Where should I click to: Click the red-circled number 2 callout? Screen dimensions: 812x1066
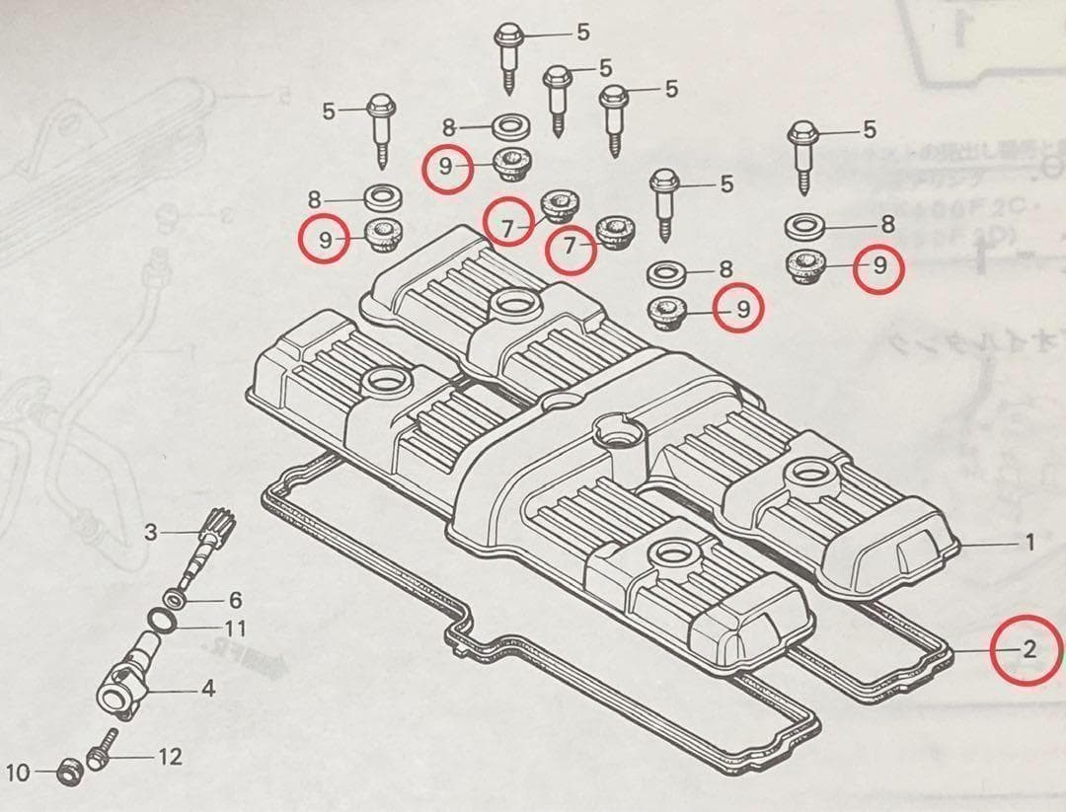click(x=1028, y=649)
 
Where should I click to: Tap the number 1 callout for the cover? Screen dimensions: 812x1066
click(x=1028, y=542)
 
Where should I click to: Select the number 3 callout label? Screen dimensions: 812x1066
click(x=150, y=533)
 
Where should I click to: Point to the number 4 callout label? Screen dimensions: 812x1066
click(x=207, y=690)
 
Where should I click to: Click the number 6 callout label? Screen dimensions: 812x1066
click(x=235, y=600)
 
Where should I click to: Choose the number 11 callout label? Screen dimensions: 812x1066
click(x=235, y=627)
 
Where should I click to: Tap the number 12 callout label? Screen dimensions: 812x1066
click(x=170, y=757)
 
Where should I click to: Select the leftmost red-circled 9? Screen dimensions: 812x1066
click(x=325, y=238)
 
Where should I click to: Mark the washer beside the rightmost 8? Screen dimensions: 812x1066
click(x=807, y=226)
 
